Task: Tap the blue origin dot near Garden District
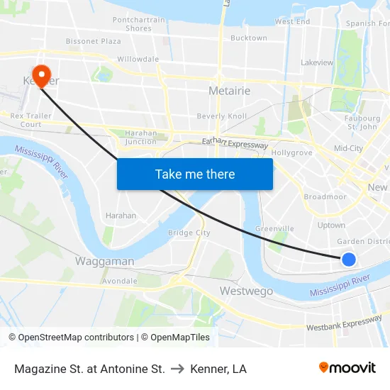tap(348, 260)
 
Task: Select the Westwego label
tap(246, 291)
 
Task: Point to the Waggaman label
tap(104, 261)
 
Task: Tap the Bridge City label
tap(189, 233)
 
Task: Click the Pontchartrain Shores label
tap(142, 24)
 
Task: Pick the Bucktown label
tap(248, 38)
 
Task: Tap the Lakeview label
tap(316, 62)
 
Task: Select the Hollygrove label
tap(291, 152)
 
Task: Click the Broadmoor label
tap(325, 196)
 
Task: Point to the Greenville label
tap(274, 228)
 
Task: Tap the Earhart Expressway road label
tap(235, 144)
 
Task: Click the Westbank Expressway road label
tap(344, 324)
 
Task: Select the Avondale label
tap(119, 281)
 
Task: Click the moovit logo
tap(347, 368)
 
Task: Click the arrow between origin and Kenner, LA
tap(178, 369)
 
